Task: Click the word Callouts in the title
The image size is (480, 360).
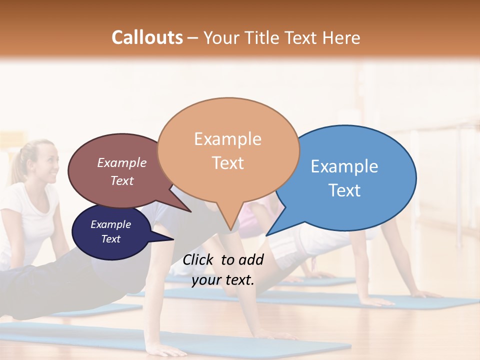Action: [147, 37]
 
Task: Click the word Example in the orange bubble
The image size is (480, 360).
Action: [227, 139]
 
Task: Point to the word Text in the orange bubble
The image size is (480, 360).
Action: [227, 163]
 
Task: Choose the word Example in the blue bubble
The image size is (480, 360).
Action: [344, 166]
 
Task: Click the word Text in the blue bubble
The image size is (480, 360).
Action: [344, 190]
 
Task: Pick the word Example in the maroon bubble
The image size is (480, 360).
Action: [121, 163]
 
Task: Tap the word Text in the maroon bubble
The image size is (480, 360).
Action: [121, 180]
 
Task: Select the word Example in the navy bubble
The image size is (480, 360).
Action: [110, 224]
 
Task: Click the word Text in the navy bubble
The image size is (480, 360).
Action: [110, 239]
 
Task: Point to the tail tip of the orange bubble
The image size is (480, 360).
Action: [230, 230]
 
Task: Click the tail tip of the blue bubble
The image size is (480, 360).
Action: [266, 235]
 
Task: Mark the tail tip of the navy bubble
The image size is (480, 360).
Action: [173, 239]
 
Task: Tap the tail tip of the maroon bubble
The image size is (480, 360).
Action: [191, 212]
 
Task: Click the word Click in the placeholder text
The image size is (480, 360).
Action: [199, 259]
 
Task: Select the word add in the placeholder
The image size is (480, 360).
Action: [251, 259]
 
